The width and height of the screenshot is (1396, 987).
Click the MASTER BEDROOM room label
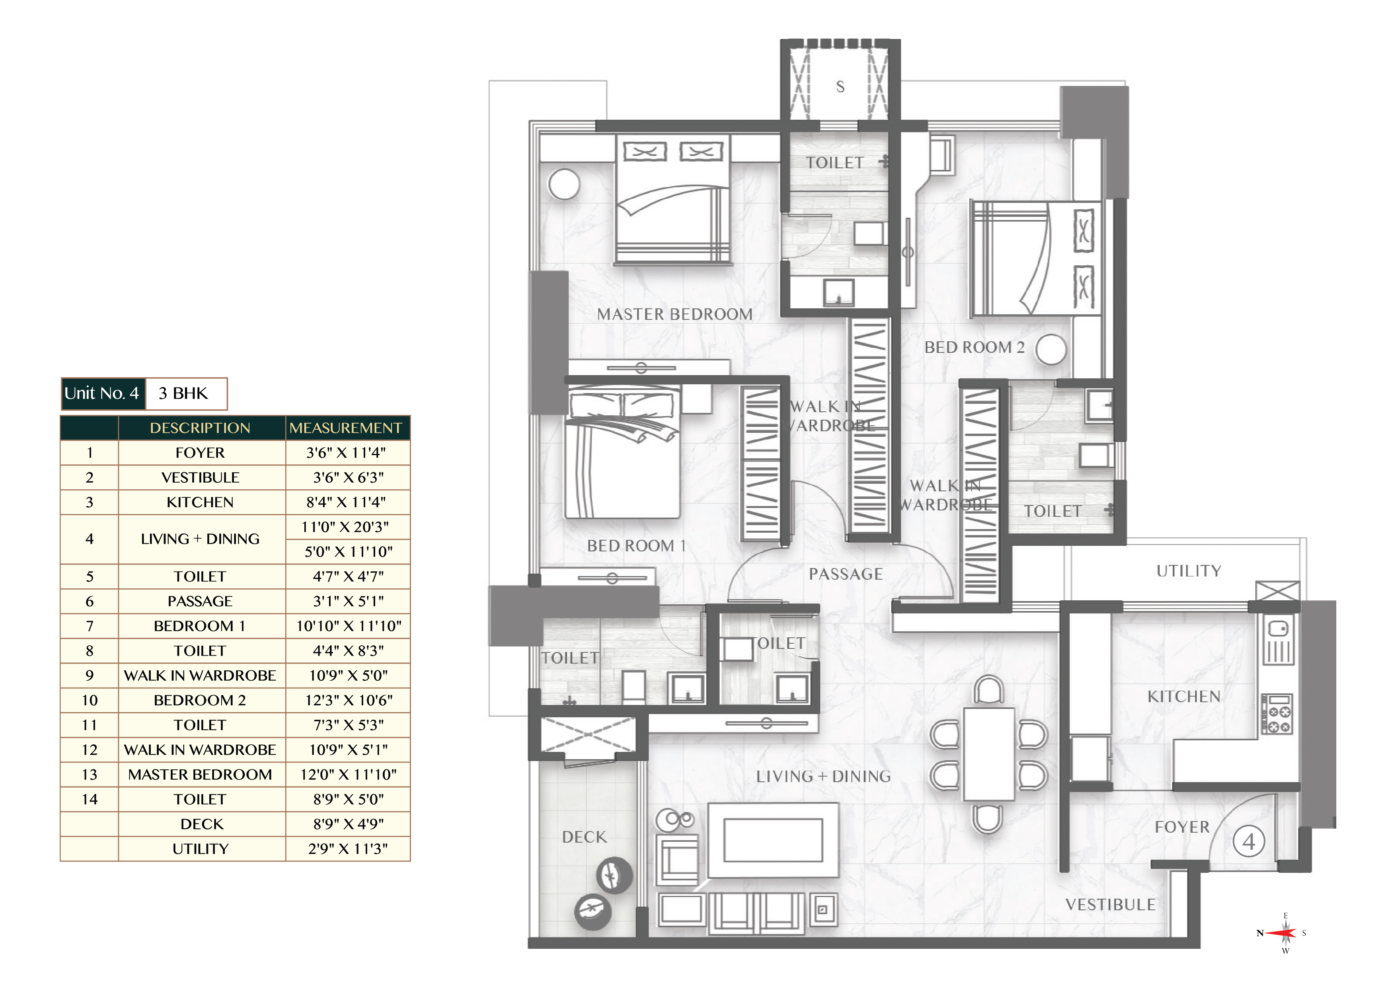tap(674, 314)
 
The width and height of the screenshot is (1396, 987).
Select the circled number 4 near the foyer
tap(1249, 842)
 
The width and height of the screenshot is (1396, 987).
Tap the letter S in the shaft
tap(840, 87)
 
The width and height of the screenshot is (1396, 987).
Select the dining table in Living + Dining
tap(988, 753)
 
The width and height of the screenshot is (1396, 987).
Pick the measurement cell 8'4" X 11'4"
tap(348, 502)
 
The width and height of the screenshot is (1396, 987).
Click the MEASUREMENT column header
tap(347, 428)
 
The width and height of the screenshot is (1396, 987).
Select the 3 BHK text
tap(183, 393)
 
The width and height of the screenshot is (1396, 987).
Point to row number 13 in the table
tap(90, 775)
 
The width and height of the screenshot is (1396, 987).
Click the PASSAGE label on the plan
tap(845, 574)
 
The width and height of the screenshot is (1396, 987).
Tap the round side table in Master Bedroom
tap(564, 184)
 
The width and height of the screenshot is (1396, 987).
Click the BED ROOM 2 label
tap(974, 347)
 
